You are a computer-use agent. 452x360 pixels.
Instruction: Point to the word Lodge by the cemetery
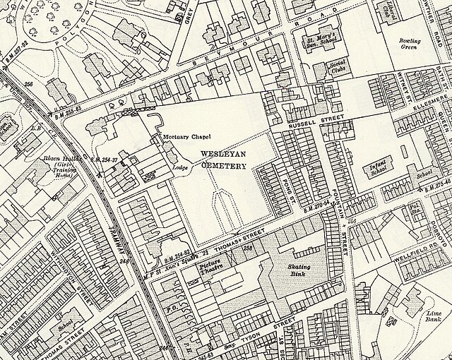pos(181,168)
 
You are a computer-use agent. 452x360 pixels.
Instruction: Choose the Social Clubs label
pos(340,69)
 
